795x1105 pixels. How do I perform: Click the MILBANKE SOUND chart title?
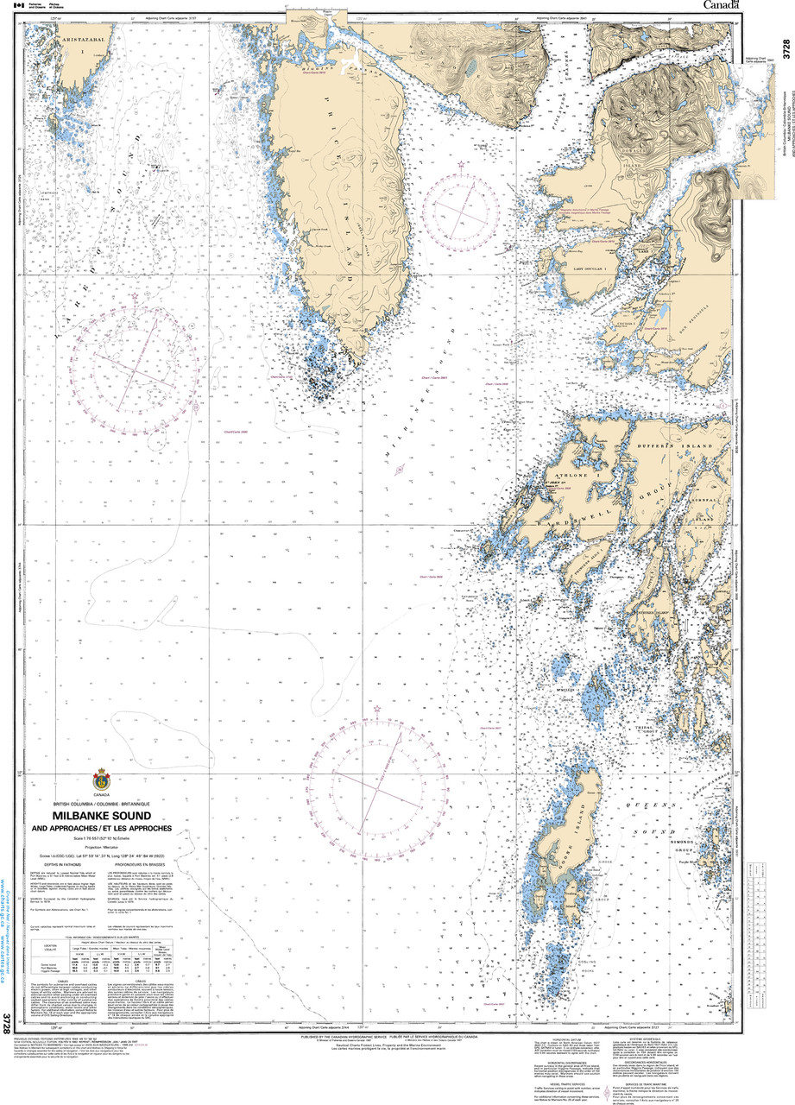[x=102, y=815]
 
